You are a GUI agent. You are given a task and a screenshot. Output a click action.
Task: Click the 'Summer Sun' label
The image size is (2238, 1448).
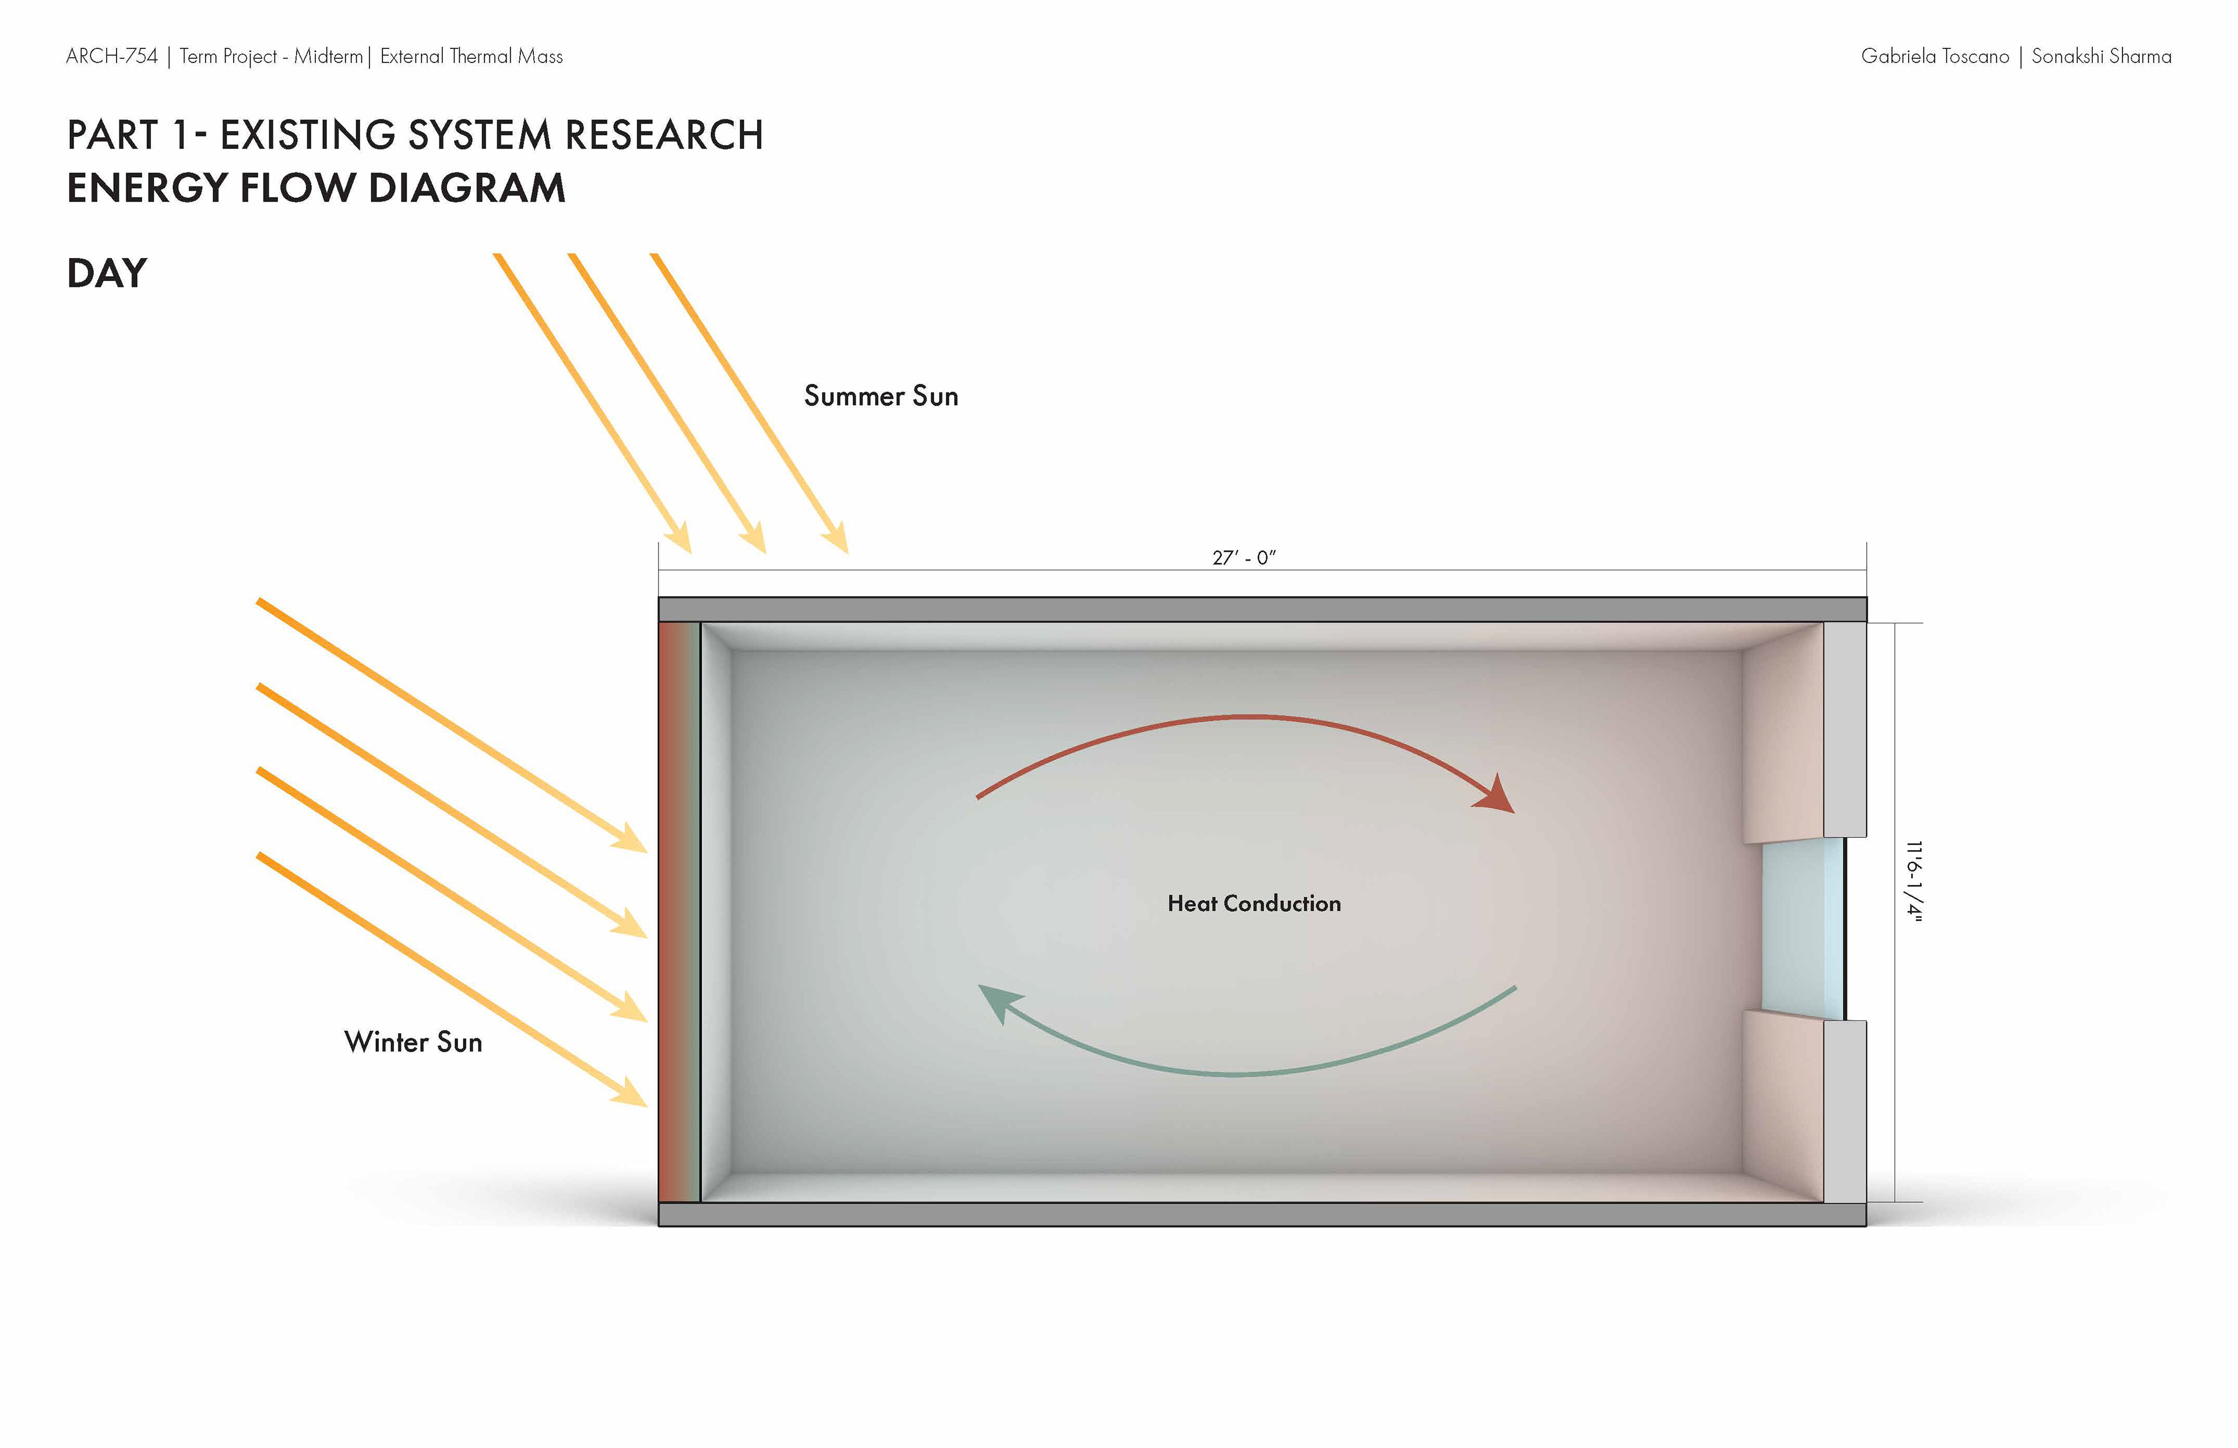(x=880, y=396)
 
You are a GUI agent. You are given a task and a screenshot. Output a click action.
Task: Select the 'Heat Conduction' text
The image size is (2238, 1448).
(x=1254, y=904)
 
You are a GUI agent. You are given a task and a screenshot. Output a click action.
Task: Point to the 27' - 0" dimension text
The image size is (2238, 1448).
(x=1243, y=558)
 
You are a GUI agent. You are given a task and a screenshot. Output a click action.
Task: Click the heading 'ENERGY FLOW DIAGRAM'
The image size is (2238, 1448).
(x=316, y=188)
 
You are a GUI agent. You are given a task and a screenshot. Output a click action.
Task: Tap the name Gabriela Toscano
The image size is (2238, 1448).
(x=1934, y=57)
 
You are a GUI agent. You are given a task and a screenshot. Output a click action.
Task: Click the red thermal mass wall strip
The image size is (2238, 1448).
(x=675, y=912)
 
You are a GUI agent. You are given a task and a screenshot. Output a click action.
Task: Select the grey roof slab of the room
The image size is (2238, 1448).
(x=1262, y=610)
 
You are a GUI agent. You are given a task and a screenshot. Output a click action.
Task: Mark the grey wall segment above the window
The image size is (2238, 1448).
(x=1844, y=729)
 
